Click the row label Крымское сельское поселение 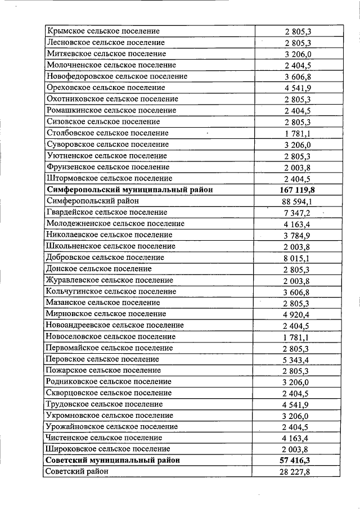click(x=103, y=31)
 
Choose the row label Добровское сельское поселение click(x=106, y=257)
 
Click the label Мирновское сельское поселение click(x=106, y=314)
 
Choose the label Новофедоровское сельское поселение click(x=117, y=76)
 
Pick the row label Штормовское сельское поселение click(x=110, y=178)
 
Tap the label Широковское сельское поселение click(x=109, y=449)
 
